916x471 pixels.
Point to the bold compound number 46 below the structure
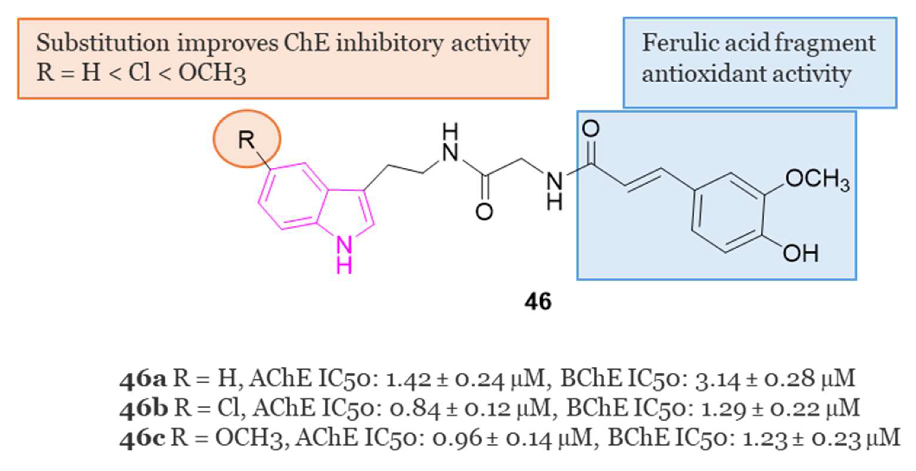(x=538, y=302)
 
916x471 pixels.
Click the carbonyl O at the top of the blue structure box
(x=591, y=129)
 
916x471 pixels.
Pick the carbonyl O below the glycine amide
(x=484, y=212)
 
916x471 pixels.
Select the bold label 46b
(x=144, y=408)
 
